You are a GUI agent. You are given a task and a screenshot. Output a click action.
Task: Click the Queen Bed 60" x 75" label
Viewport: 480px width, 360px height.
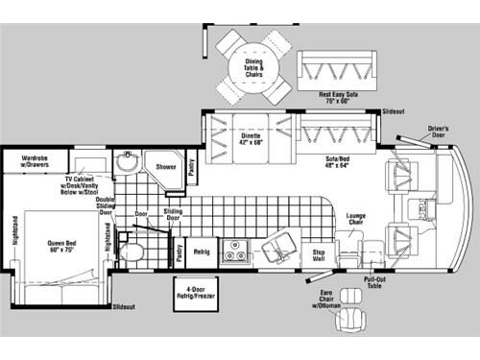61,246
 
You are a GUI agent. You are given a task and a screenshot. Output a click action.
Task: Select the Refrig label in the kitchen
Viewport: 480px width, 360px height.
203,252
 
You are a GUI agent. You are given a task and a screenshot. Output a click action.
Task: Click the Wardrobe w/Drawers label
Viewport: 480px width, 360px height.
36,159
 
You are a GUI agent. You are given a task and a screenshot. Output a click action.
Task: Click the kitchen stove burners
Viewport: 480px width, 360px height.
233,252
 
